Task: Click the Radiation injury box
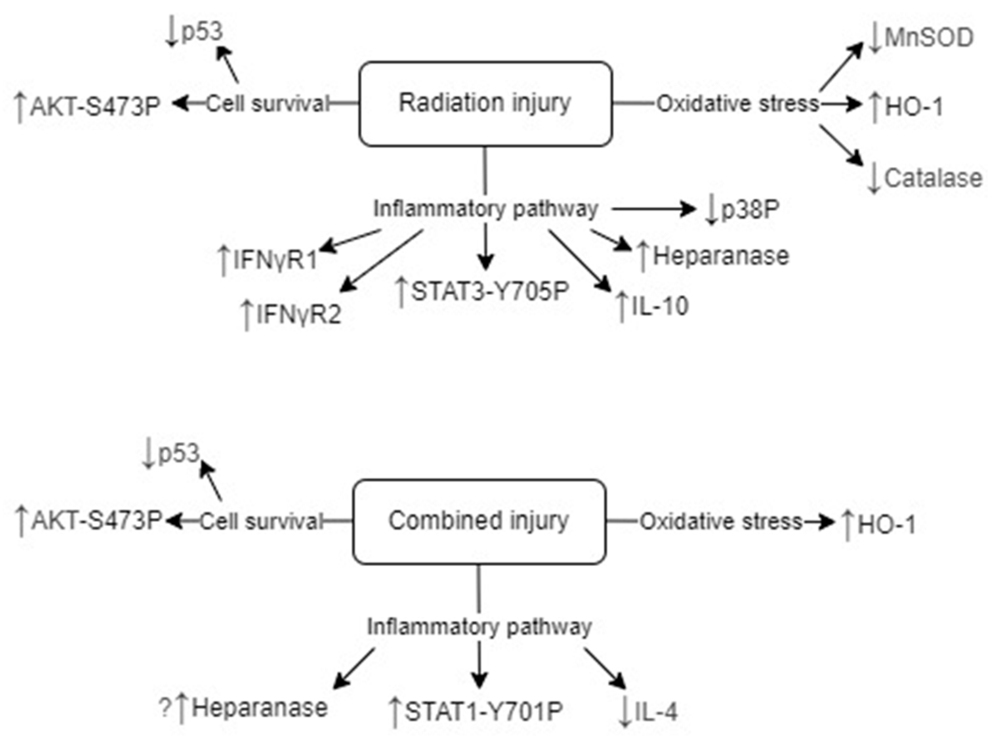point(485,104)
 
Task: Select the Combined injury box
point(479,521)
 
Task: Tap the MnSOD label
point(928,38)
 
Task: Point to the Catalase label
point(932,178)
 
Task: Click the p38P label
point(750,210)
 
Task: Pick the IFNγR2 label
point(298,315)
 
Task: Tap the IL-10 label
point(659,307)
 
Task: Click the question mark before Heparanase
point(165,708)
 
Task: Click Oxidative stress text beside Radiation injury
point(737,104)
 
